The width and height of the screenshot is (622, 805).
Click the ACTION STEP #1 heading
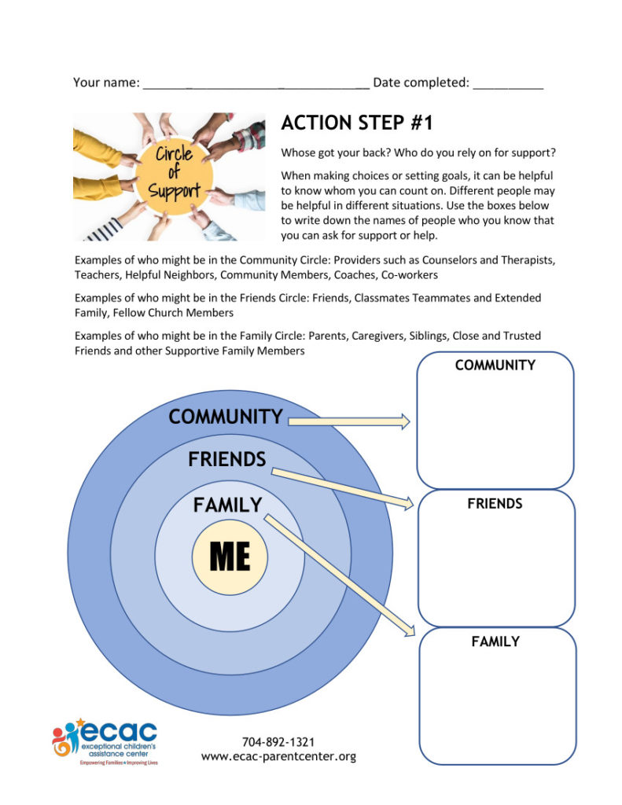[357, 123]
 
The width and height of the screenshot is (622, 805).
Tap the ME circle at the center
[230, 557]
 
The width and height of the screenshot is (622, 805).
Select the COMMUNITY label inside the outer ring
[226, 417]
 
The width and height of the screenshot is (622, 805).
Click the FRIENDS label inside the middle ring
[226, 459]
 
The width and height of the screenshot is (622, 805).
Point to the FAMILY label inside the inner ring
[227, 505]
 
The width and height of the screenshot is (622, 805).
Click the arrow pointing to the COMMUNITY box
[348, 422]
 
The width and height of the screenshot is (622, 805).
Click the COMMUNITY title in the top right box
[495, 366]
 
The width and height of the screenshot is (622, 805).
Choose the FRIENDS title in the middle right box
[495, 504]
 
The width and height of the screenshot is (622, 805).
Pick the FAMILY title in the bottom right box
[495, 641]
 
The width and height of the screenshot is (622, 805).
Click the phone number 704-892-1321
[279, 741]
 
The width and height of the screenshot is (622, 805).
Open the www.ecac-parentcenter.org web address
[279, 757]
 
